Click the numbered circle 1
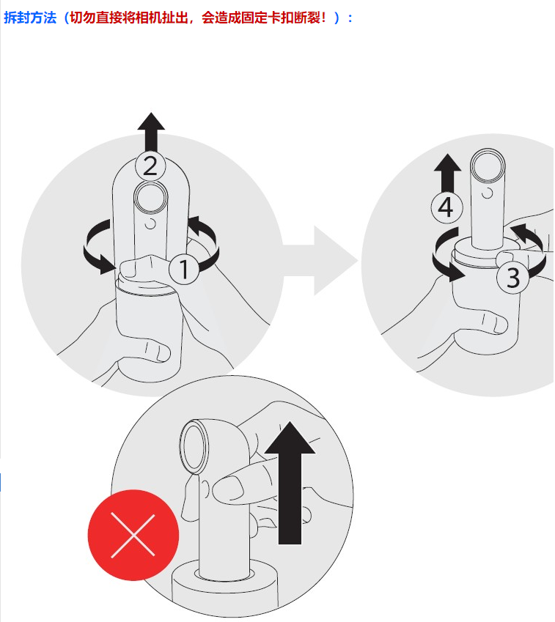coord(184,269)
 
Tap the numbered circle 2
coord(150,166)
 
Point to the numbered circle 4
coord(446,207)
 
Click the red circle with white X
coord(133,535)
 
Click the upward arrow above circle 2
coord(151,131)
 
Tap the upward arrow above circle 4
coord(447,174)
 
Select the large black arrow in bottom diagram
coord(290,483)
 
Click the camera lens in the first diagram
coord(150,198)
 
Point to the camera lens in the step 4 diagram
coord(488,166)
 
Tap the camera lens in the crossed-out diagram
coord(194,446)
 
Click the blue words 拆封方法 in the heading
coord(30,18)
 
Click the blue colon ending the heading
coord(350,18)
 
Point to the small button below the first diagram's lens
coord(150,223)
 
